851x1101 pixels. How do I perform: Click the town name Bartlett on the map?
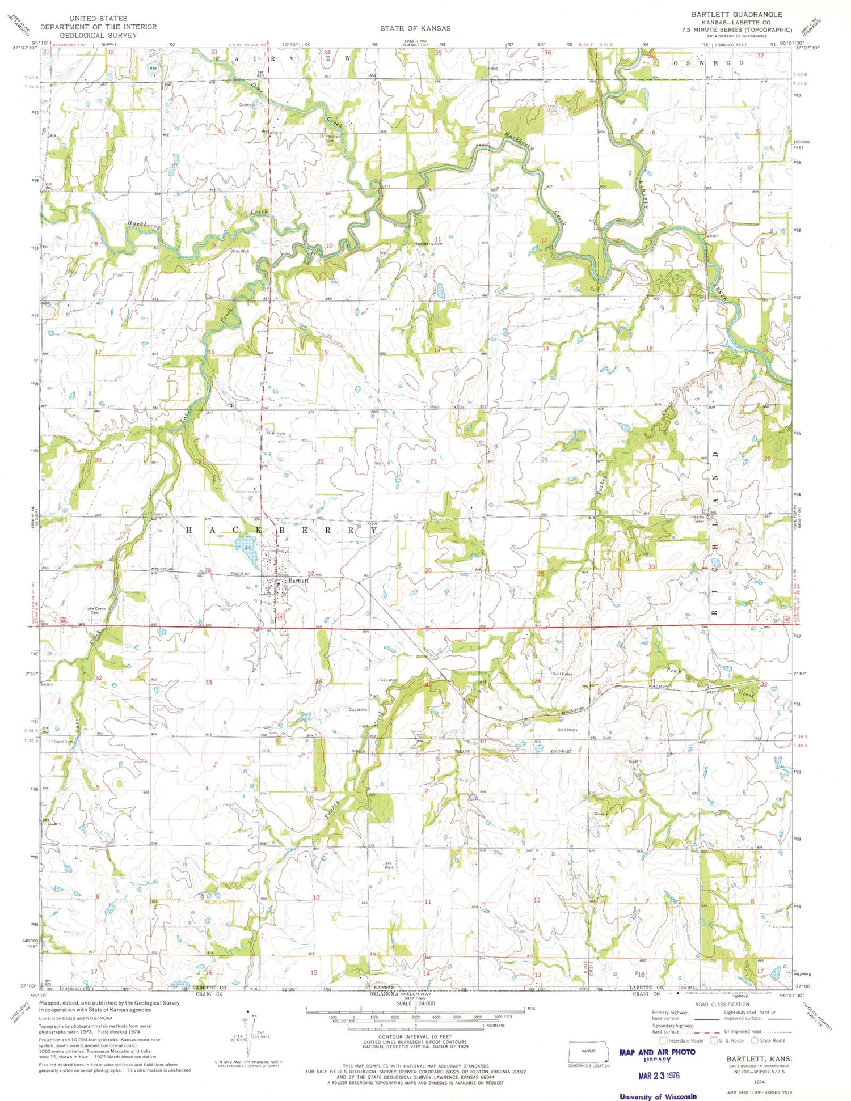[298, 581]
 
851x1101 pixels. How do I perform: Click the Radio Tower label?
[698, 517]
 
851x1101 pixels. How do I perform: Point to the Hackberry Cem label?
[428, 244]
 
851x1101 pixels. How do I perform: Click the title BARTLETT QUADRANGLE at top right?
[736, 14]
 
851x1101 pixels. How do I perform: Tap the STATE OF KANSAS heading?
[415, 28]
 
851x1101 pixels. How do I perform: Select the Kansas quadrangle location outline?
[589, 1055]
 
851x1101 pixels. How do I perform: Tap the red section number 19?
[652, 456]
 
